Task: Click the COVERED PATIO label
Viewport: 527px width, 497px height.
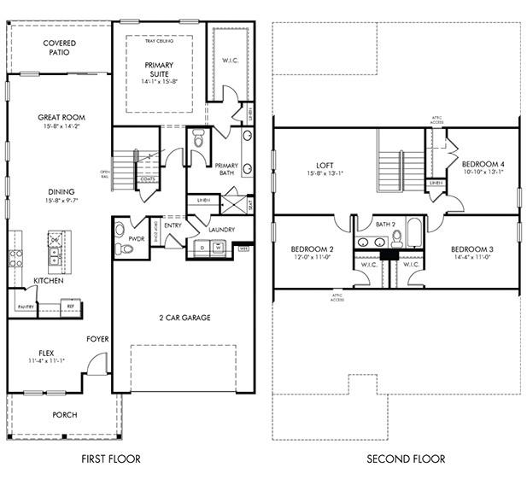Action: pos(59,48)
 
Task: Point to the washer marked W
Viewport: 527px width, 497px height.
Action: pos(218,248)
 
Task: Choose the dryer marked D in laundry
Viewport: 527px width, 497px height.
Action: pos(202,248)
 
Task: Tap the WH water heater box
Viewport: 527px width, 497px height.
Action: pos(243,249)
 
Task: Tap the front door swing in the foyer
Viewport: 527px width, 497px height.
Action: pos(99,365)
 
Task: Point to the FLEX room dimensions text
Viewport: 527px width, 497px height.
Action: pos(47,361)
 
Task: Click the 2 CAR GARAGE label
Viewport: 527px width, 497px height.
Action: pos(184,318)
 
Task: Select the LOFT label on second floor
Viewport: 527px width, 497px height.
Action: pos(324,166)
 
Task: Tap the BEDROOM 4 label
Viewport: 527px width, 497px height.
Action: pos(483,164)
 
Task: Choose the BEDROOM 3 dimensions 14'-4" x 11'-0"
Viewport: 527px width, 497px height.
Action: pos(472,255)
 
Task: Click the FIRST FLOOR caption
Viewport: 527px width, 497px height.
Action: pos(111,459)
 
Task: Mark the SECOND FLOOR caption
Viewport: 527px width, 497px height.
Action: pos(406,459)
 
